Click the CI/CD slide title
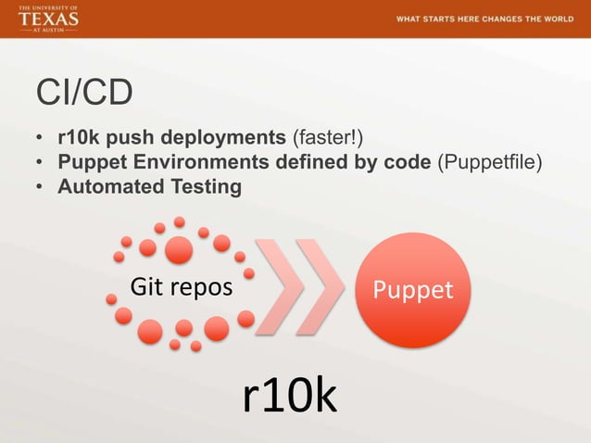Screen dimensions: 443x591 coord(83,94)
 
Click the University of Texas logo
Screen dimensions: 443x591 coord(49,19)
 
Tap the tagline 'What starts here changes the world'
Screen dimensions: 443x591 coord(484,19)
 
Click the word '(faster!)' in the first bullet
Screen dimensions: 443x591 coord(327,139)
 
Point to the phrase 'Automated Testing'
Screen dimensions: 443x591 coord(149,187)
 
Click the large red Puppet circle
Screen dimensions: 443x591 coord(412,290)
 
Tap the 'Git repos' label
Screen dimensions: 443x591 coord(181,288)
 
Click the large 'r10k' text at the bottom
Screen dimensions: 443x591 coord(289,396)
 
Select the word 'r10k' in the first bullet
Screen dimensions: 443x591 coord(77,139)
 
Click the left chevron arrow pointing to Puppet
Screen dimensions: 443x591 coord(283,287)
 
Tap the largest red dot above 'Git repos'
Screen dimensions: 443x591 coord(179,249)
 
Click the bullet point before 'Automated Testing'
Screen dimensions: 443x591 coord(40,188)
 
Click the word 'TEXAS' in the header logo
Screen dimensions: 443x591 coord(49,19)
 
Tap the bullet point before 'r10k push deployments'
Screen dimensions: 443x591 coord(40,140)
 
